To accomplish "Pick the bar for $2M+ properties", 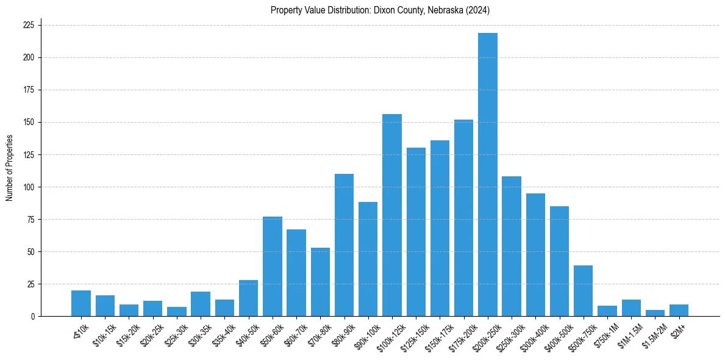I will (679, 311).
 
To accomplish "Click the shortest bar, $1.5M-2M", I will (655, 313).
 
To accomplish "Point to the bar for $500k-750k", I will (583, 290).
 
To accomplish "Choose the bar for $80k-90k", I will (344, 245).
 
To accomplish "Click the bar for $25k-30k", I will (177, 312).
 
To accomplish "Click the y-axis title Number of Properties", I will (9, 167).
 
